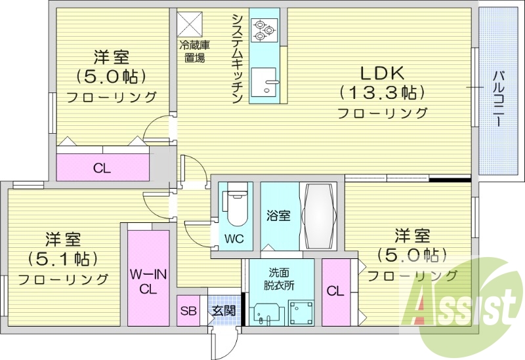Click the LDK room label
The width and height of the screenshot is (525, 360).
click(x=382, y=73)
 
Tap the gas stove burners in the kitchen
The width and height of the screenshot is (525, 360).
click(x=264, y=30)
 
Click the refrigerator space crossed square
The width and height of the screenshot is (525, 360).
click(x=190, y=24)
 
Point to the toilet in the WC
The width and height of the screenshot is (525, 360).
click(x=237, y=207)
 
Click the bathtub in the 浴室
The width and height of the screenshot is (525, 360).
click(x=318, y=216)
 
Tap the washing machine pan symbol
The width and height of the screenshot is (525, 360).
click(x=301, y=312)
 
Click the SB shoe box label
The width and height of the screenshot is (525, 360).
click(x=188, y=311)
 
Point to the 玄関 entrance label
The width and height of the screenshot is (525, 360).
click(x=224, y=311)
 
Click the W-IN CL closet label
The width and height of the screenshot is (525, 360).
click(x=148, y=281)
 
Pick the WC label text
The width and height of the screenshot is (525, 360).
click(x=234, y=239)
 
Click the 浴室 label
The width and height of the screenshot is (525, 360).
click(x=278, y=216)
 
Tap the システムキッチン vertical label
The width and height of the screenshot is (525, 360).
click(x=238, y=58)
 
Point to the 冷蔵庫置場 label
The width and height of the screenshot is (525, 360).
click(x=194, y=51)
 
